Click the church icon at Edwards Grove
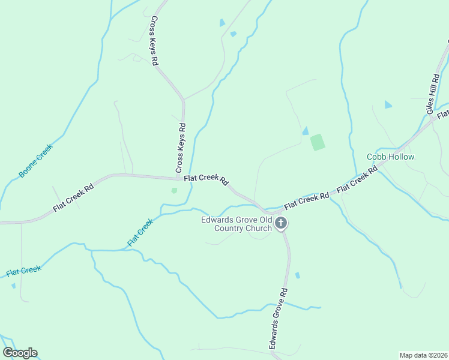click(280, 224)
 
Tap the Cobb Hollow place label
click(391, 157)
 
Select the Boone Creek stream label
click(36, 160)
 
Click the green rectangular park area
click(318, 142)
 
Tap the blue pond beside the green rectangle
click(306, 131)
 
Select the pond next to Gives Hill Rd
click(388, 104)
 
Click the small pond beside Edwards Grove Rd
click(297, 275)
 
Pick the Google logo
click(20, 353)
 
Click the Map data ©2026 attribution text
click(423, 355)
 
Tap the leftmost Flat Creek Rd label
click(73, 197)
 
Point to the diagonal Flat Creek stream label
click(140, 232)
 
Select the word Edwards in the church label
click(217, 220)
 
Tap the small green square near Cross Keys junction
click(174, 190)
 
